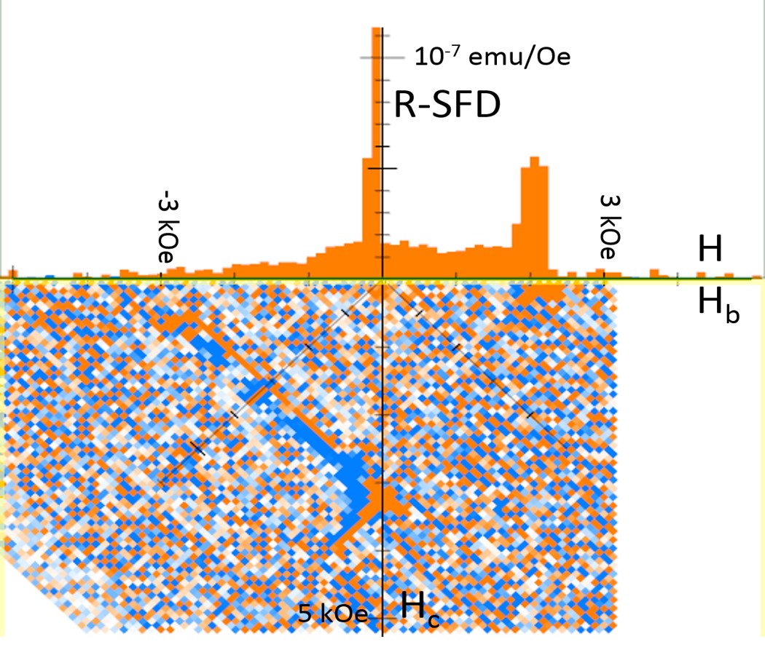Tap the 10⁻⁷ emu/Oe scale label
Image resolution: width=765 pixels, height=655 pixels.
point(492,56)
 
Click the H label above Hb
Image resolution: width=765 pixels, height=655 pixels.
point(710,251)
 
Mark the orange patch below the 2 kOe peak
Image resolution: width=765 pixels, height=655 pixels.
point(539,291)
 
